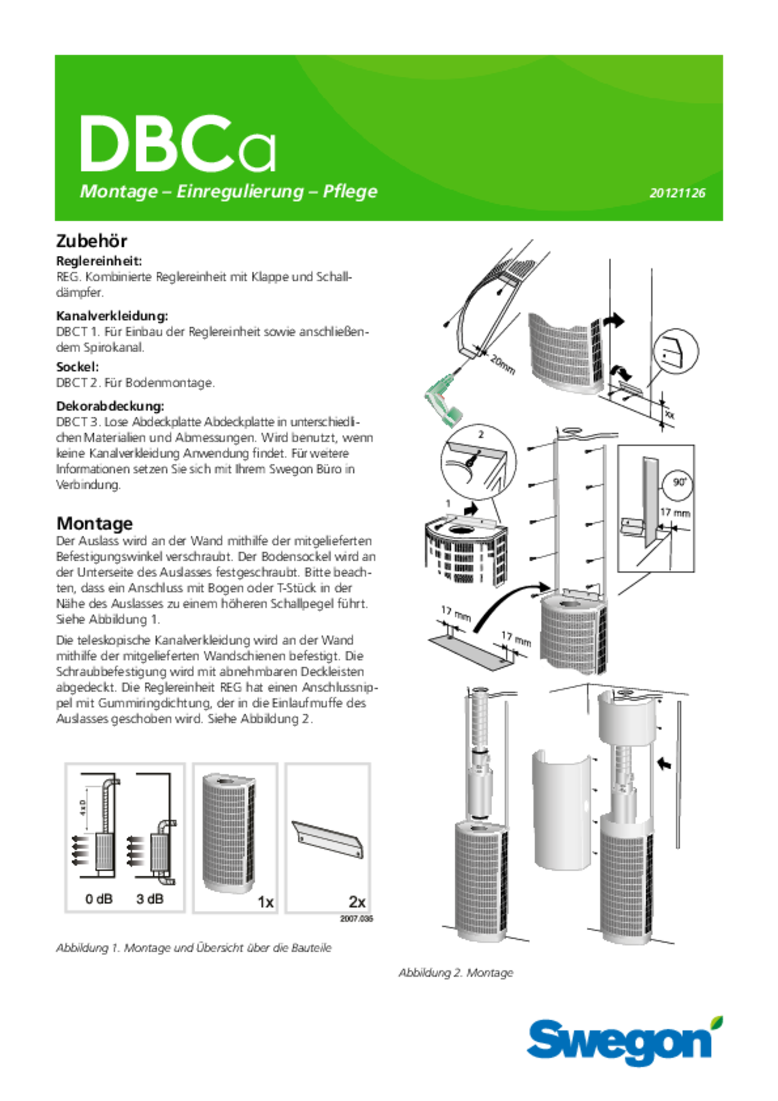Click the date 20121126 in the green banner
[x=677, y=193]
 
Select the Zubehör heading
[x=92, y=241]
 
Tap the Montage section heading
[x=94, y=523]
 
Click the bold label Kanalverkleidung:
[x=112, y=316]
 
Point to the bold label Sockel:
[x=78, y=367]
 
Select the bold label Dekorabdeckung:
[x=110, y=406]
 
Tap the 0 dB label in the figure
[x=99, y=899]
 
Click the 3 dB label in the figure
[x=150, y=899]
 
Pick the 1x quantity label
[x=265, y=902]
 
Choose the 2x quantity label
[x=357, y=902]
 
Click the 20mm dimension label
[x=502, y=365]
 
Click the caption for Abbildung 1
[x=194, y=948]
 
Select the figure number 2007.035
[x=356, y=919]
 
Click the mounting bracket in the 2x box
[x=328, y=840]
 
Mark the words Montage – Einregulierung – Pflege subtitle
[x=229, y=191]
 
